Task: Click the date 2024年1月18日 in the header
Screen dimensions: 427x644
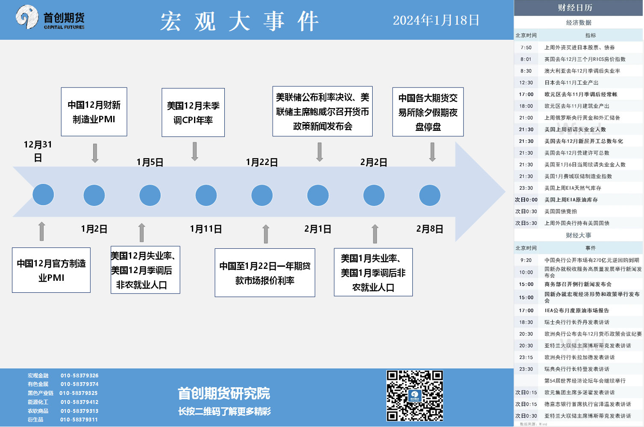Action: pos(436,20)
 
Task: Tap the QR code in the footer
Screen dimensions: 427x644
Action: pos(415,396)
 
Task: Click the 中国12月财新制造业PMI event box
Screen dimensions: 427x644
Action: pos(94,112)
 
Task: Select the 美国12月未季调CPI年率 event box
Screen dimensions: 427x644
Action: pos(193,113)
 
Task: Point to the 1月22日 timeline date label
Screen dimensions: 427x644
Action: pos(262,162)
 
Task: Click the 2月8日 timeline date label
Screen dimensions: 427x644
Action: pos(429,229)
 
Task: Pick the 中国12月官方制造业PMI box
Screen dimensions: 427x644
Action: pos(51,270)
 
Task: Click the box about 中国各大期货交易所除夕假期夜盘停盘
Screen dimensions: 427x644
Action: pos(428,112)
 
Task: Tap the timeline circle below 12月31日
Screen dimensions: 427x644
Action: pos(43,195)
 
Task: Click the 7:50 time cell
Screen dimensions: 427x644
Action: pos(526,47)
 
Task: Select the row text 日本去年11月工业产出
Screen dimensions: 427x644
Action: pos(571,82)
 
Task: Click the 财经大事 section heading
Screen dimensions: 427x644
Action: pos(579,235)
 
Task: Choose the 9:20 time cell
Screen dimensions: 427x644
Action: pos(526,260)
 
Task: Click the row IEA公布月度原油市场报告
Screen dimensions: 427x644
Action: pos(576,310)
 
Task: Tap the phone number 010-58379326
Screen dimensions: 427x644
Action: pos(79,376)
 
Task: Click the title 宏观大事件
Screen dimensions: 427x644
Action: pos(239,21)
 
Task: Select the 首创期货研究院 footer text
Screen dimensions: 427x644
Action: pos(224,393)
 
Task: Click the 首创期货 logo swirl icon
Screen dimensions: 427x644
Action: pos(27,17)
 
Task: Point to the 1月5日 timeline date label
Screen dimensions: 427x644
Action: pos(150,162)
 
